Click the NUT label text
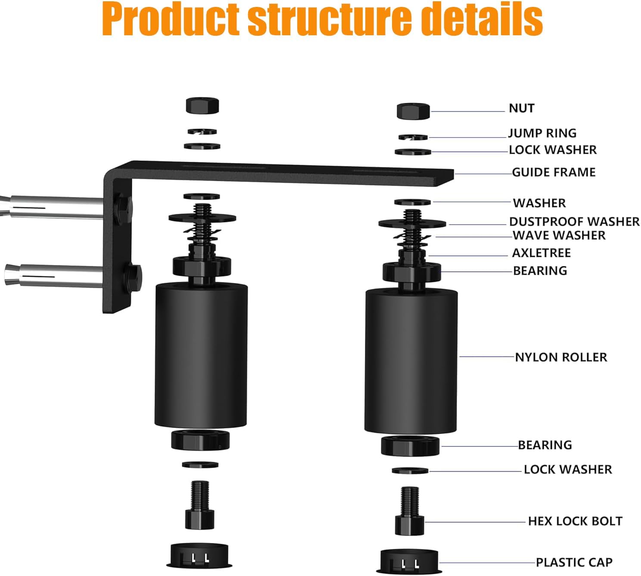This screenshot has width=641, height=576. pyautogui.click(x=521, y=108)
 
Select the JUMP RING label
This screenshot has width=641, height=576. pyautogui.click(x=542, y=133)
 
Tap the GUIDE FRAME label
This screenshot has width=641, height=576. pyautogui.click(x=554, y=172)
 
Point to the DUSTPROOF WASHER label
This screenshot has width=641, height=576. pyautogui.click(x=574, y=222)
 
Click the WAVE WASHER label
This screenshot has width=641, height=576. pyautogui.click(x=559, y=235)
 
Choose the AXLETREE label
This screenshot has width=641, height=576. pyautogui.click(x=541, y=253)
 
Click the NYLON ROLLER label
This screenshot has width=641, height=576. pyautogui.click(x=561, y=357)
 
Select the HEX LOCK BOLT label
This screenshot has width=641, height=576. pyautogui.click(x=575, y=521)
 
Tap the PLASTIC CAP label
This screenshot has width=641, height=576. pyautogui.click(x=574, y=562)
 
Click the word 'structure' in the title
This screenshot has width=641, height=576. pyautogui.click(x=327, y=19)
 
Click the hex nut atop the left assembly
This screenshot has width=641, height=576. pyautogui.click(x=202, y=106)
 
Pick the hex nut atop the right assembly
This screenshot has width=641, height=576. pyautogui.click(x=413, y=111)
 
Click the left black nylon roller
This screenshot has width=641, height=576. pyautogui.click(x=201, y=355)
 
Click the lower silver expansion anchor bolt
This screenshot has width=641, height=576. pyautogui.click(x=52, y=274)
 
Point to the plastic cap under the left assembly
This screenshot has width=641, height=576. pyautogui.click(x=199, y=555)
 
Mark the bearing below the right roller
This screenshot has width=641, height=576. pyautogui.click(x=410, y=446)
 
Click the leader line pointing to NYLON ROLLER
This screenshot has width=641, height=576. pyautogui.click(x=487, y=357)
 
